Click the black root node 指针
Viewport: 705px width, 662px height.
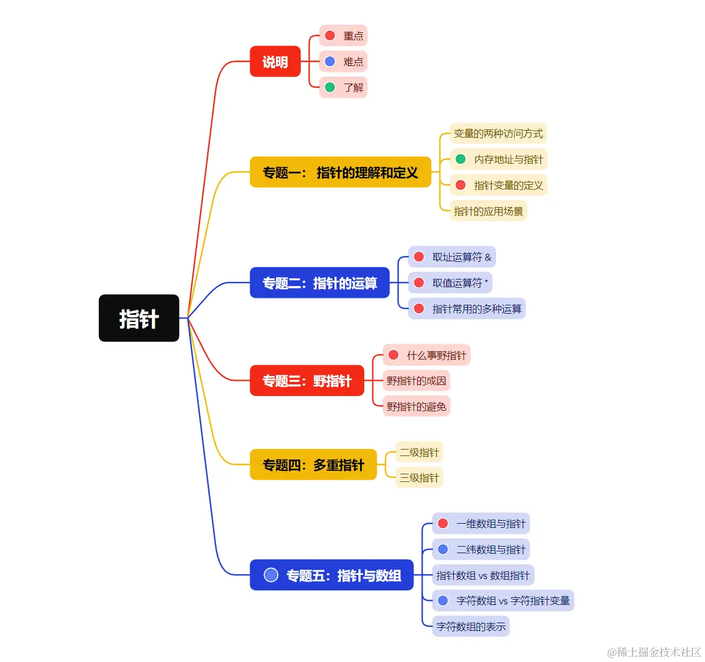pos(139,318)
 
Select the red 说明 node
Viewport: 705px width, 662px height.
pos(275,62)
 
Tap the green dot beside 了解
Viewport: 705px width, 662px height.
pos(330,87)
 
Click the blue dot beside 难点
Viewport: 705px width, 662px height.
pos(330,61)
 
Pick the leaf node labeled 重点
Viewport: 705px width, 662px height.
pos(344,36)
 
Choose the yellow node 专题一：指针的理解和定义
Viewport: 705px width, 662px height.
pos(340,172)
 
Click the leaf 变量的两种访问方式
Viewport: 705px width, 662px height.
pos(498,134)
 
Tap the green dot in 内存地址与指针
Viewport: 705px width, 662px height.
pos(461,159)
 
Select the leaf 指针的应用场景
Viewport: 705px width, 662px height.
pos(488,211)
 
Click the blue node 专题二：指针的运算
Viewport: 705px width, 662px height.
pos(320,283)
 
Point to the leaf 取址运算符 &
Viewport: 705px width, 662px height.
pos(453,257)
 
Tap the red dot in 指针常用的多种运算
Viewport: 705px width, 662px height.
pos(419,308)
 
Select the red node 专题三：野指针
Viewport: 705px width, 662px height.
pos(307,381)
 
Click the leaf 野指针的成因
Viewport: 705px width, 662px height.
pos(416,381)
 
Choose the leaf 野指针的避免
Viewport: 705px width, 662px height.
pos(416,407)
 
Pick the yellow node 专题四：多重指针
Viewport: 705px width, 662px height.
pos(313,465)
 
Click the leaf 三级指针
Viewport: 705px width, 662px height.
pos(419,478)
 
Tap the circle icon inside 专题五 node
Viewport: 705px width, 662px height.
pos(271,575)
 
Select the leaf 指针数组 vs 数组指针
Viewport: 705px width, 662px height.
pos(483,575)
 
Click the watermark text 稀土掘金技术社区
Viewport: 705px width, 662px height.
pos(654,652)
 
